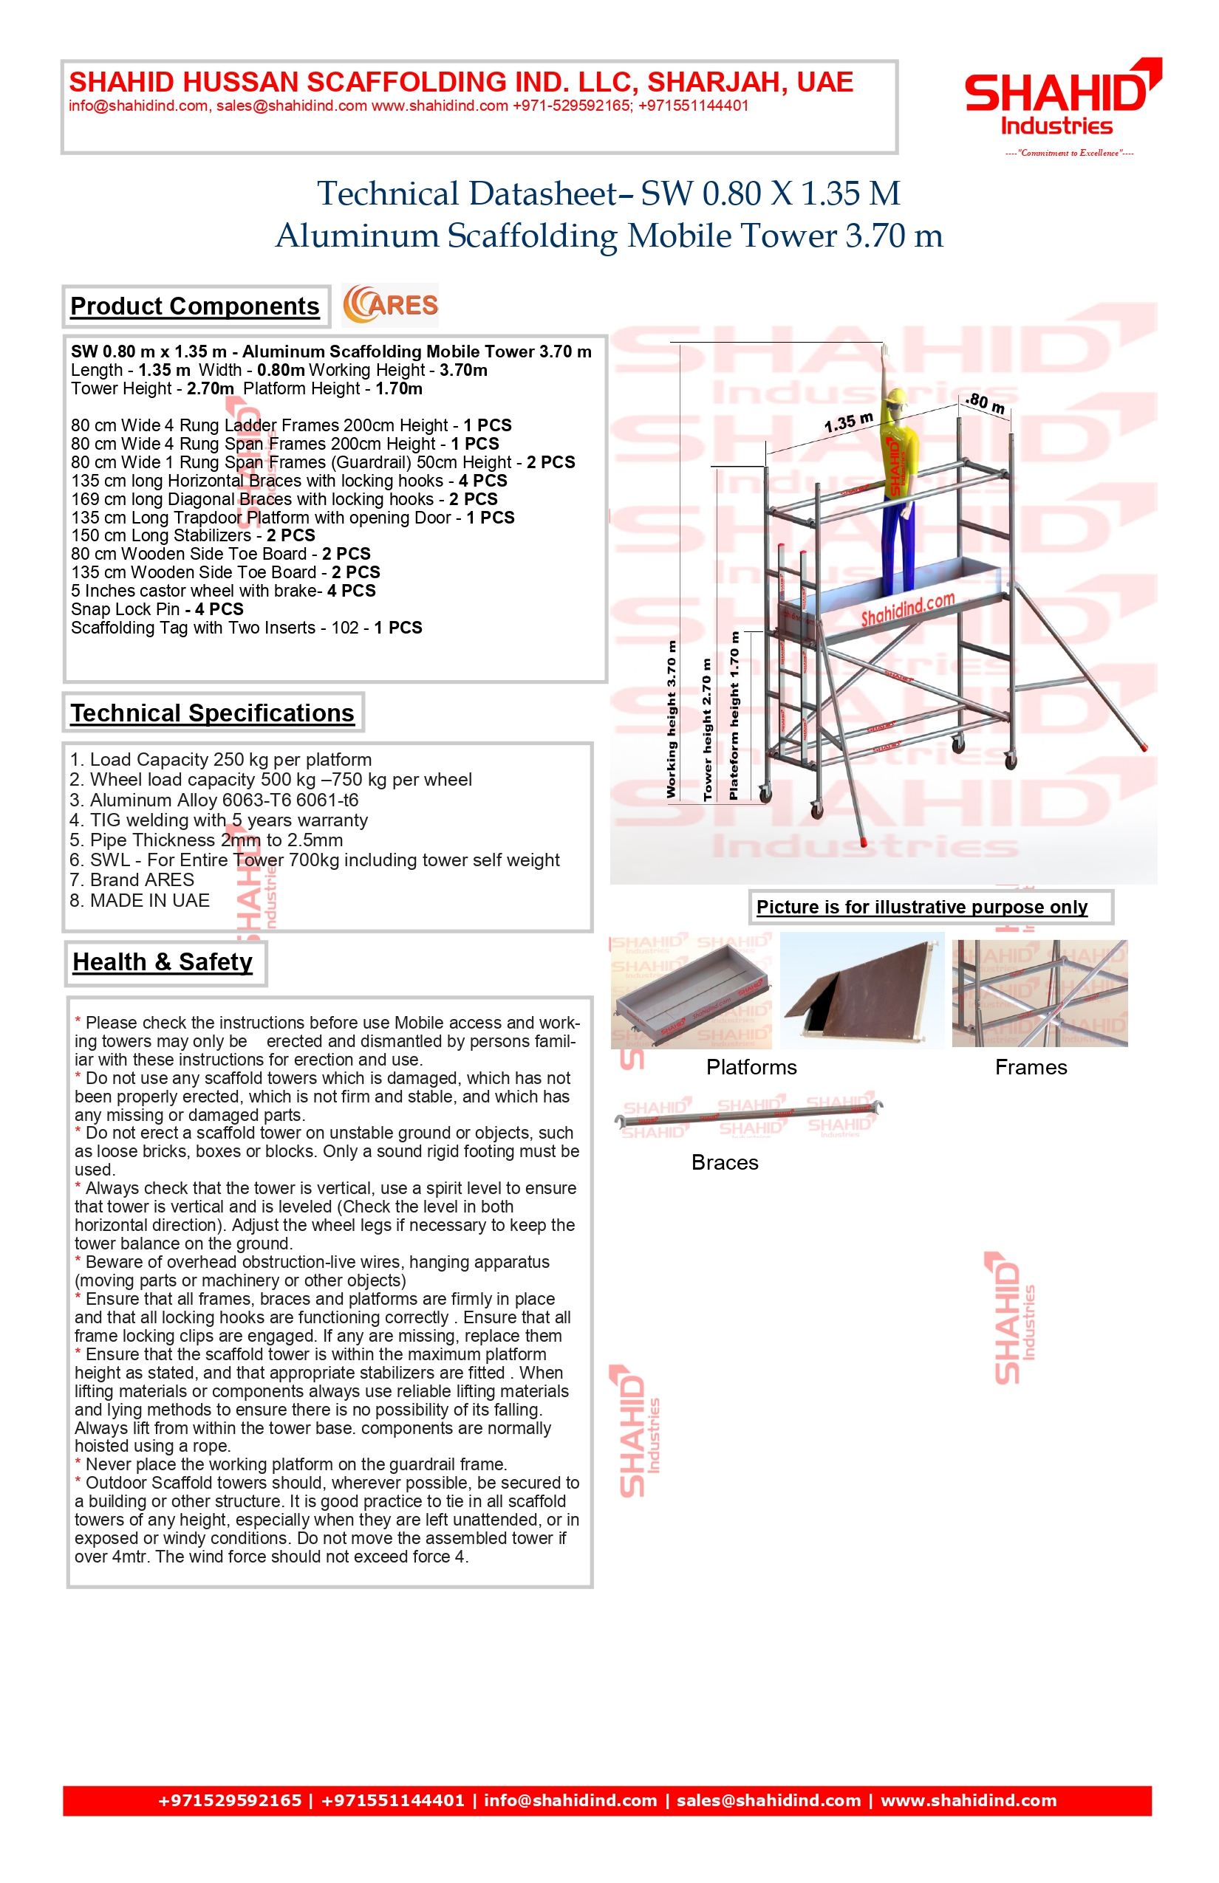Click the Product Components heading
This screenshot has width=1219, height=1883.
(195, 306)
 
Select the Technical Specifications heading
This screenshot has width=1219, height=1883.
(212, 713)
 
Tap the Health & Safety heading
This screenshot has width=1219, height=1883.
(163, 962)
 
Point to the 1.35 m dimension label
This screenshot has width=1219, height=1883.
(848, 422)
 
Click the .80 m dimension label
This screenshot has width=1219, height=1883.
(986, 402)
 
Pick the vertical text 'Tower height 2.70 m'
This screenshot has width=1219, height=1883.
(707, 728)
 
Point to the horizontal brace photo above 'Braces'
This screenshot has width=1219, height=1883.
(748, 1116)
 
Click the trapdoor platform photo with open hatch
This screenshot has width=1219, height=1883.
(862, 990)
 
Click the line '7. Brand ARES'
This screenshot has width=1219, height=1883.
(132, 879)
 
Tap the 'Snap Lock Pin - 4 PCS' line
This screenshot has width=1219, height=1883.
(157, 609)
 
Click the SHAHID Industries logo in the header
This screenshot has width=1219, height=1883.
(1062, 99)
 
